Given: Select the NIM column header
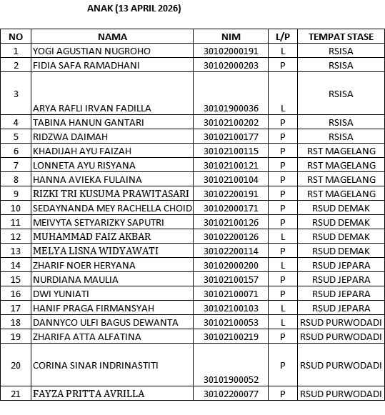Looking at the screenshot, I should click(x=231, y=36).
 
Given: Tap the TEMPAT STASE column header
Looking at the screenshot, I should click(x=341, y=36).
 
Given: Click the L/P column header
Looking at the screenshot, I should click(x=283, y=36).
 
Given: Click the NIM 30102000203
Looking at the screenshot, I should click(x=231, y=65).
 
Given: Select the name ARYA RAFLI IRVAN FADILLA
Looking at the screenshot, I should click(x=92, y=108).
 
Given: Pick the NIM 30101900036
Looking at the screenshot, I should click(x=231, y=108).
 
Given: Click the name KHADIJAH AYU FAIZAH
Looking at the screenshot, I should click(x=77, y=151).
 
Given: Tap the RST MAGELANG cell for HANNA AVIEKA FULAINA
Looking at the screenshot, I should click(x=341, y=179).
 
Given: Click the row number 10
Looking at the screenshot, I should click(x=16, y=208).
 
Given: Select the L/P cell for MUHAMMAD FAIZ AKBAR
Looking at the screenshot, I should click(x=283, y=236).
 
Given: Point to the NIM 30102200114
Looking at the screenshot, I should click(x=231, y=251).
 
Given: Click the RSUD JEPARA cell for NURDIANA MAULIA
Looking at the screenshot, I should click(x=341, y=279).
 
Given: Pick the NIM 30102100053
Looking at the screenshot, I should click(x=231, y=322).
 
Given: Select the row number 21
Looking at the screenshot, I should click(x=16, y=394).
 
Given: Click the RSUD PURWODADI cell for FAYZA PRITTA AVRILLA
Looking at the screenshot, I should click(x=341, y=394).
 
